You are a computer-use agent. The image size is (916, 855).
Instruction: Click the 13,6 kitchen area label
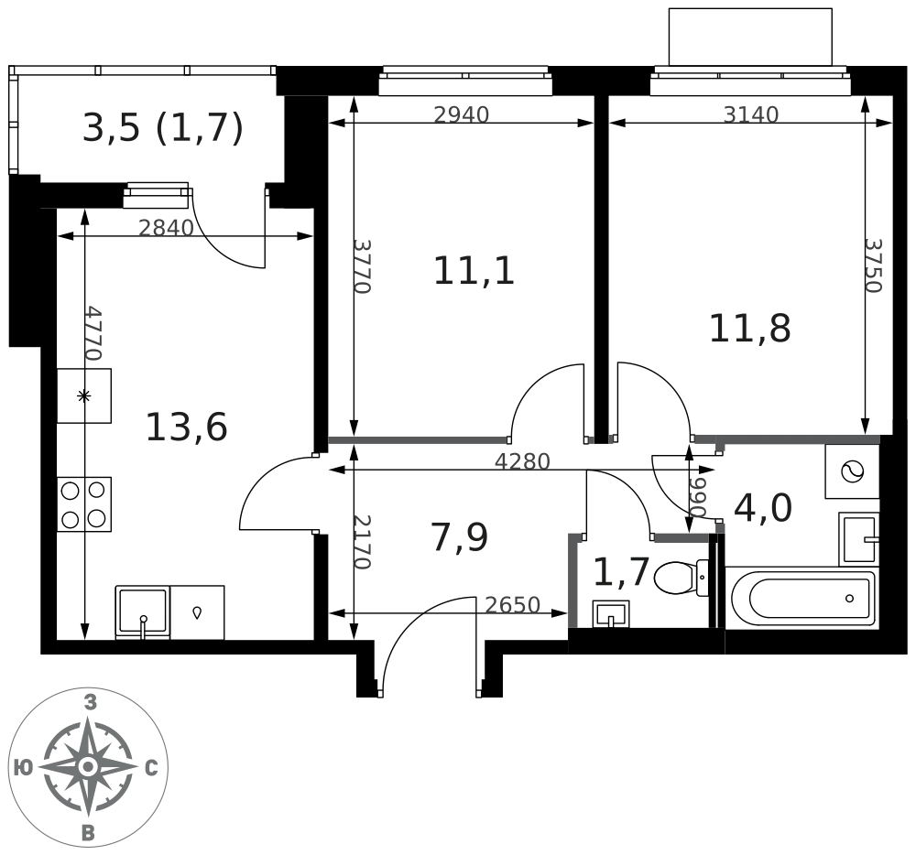tap(186, 427)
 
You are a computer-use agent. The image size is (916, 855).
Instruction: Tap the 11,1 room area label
tap(474, 271)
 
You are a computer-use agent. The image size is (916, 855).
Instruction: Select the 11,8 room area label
tap(749, 329)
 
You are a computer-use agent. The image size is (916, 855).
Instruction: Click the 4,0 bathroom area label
tap(762, 508)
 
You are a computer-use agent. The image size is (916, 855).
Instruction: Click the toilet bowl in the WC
tap(679, 577)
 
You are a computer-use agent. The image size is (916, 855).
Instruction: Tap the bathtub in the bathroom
tap(801, 599)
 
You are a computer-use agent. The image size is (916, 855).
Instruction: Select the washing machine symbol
tap(852, 471)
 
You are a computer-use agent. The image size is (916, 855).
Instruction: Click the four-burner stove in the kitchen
tap(83, 504)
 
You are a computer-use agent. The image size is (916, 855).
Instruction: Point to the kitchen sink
tap(143, 611)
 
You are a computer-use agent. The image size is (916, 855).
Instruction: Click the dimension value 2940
tap(462, 115)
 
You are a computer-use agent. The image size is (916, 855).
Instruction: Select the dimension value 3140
tap(750, 115)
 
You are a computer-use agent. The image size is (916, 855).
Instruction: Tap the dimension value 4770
tap(92, 333)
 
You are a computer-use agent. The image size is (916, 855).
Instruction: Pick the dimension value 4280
tap(522, 462)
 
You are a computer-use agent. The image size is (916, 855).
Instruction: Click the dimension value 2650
tap(512, 605)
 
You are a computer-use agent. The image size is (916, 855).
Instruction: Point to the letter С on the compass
tap(151, 768)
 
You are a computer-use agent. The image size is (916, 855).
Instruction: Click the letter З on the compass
tap(90, 703)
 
